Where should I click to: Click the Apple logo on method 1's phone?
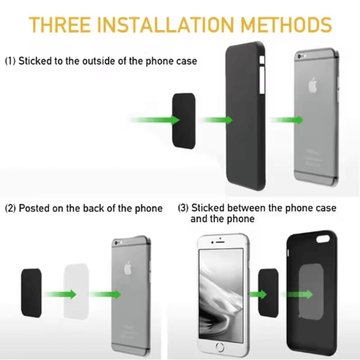pyautogui.click(x=312, y=85)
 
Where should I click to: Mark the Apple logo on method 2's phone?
pyautogui.click(x=130, y=269)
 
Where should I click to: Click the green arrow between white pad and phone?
pyautogui.click(x=106, y=294)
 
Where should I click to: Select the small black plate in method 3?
pyautogui.click(x=268, y=292)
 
